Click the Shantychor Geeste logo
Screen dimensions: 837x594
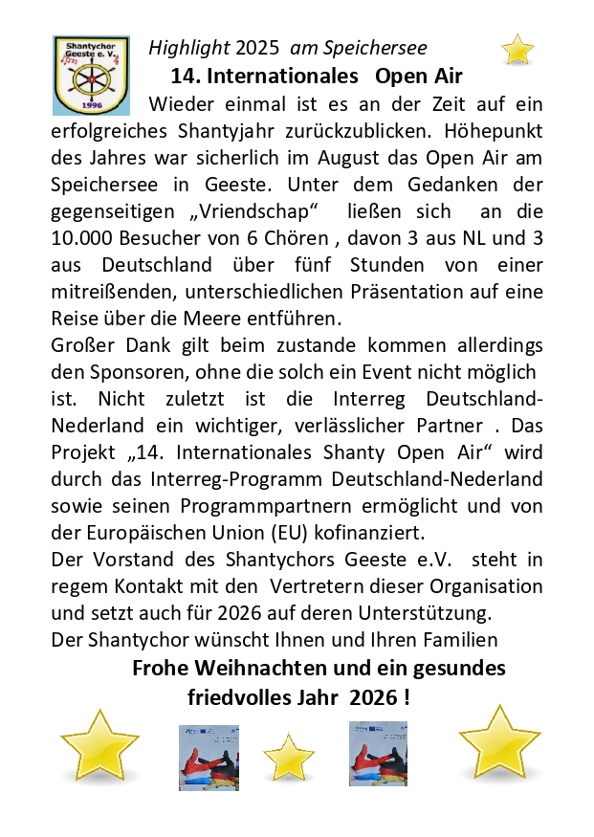91,76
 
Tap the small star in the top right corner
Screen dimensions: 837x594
517,49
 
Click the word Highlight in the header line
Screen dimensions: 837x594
189,48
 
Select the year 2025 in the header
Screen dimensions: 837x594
257,48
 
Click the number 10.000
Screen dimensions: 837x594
86,236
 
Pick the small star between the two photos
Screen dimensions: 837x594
289,757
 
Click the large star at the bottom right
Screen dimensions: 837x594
499,742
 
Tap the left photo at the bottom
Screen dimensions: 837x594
209,757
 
